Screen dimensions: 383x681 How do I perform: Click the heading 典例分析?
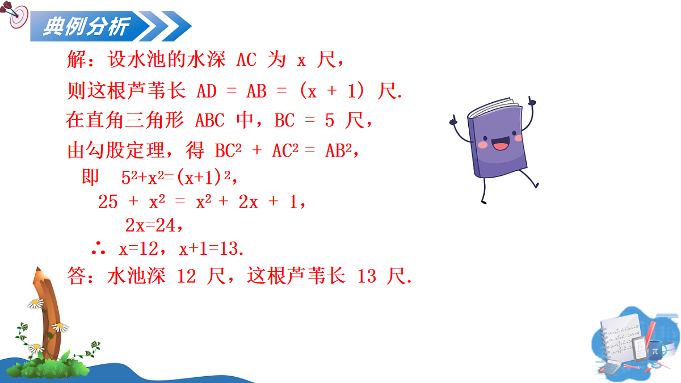click(x=86, y=26)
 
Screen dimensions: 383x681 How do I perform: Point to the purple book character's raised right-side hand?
click(x=532, y=103)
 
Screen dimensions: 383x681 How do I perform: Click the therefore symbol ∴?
click(x=97, y=249)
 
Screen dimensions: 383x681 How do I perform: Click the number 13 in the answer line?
click(x=367, y=276)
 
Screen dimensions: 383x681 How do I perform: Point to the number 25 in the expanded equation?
click(x=108, y=202)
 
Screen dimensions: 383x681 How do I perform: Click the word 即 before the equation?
click(x=91, y=178)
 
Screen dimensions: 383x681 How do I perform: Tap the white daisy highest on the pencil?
click(x=36, y=304)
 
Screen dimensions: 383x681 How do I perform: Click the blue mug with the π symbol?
click(x=655, y=350)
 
